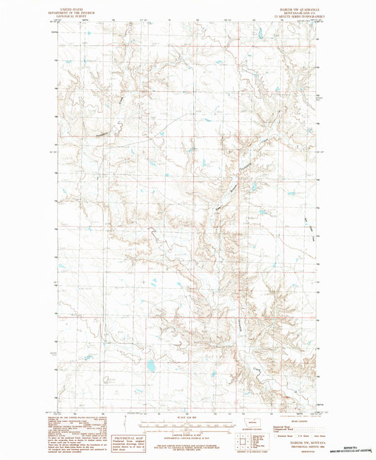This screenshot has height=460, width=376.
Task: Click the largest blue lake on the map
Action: [150, 365]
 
